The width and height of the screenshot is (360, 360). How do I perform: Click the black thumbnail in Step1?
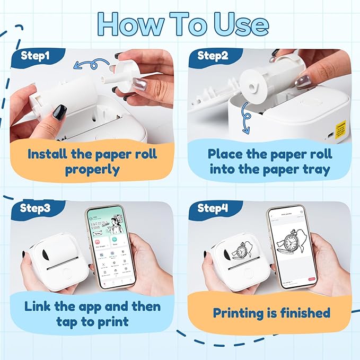[59, 112]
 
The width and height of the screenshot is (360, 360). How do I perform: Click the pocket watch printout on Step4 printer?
[241, 250]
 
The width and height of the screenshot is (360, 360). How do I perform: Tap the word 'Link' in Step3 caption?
[43, 306]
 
